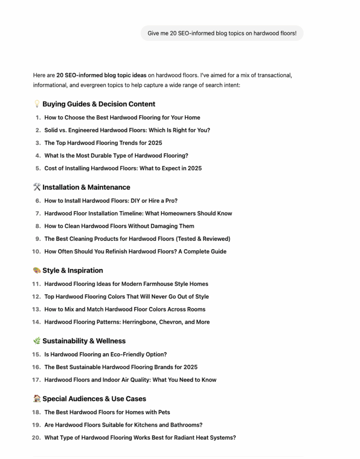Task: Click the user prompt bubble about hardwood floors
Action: click(x=222, y=33)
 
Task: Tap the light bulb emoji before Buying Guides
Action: click(x=37, y=104)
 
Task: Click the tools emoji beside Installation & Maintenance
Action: click(x=37, y=187)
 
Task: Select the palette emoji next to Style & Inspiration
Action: click(x=37, y=270)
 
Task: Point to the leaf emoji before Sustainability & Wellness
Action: click(x=37, y=341)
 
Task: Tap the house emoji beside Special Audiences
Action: click(x=37, y=398)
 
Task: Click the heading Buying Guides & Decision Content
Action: click(x=99, y=104)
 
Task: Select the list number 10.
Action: click(x=36, y=251)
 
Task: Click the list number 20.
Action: click(x=36, y=437)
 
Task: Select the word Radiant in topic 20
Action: click(x=176, y=437)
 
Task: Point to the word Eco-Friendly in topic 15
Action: click(x=131, y=354)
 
